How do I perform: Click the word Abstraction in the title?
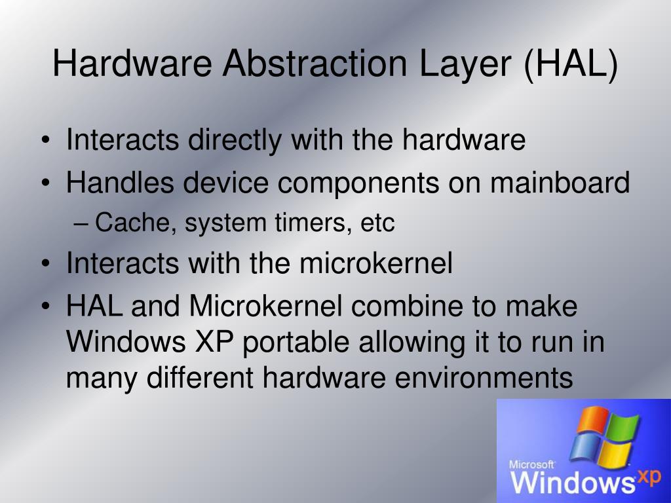click(x=308, y=65)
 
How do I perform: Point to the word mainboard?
click(x=560, y=183)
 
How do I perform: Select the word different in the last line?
click(x=201, y=379)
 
